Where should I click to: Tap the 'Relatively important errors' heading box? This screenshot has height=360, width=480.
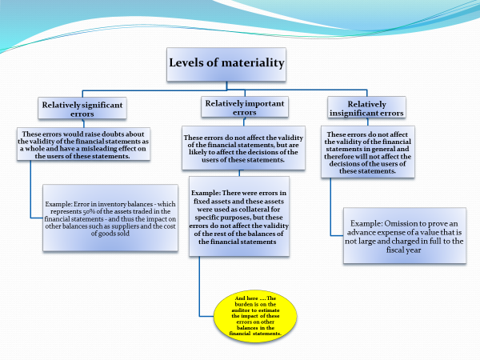238,108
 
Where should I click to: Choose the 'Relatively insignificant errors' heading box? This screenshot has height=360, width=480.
366,109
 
